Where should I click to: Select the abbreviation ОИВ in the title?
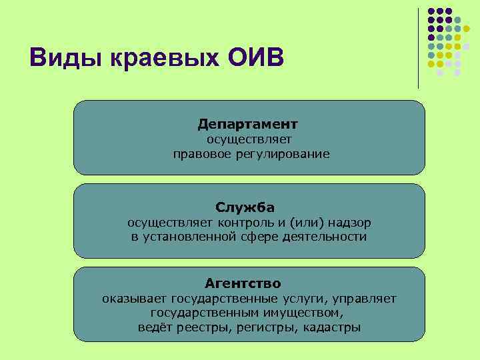point(256,59)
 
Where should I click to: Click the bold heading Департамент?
point(248,125)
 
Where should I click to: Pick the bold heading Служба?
point(245,207)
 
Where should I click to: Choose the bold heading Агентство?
point(243,283)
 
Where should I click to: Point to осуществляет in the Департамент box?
point(249,139)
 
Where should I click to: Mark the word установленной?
point(191,237)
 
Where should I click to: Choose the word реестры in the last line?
point(195,327)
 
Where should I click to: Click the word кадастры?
point(331,327)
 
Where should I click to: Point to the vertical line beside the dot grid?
point(419,47)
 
